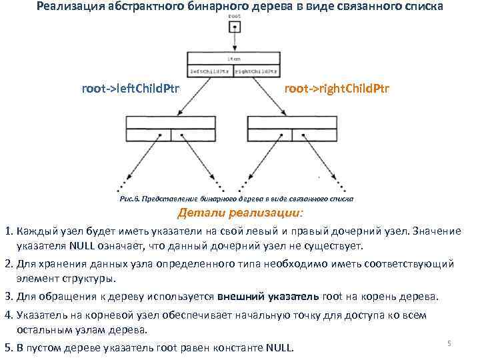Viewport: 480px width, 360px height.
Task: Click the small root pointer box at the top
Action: point(234,28)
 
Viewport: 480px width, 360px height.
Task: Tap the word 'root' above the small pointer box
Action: point(234,15)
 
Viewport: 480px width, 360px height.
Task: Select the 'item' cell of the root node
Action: point(233,59)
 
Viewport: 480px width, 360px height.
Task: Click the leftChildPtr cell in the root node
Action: point(210,70)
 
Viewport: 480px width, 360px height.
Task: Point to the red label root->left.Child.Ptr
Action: point(130,89)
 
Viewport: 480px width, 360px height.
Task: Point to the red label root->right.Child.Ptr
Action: point(337,89)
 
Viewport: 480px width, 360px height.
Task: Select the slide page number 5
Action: point(449,343)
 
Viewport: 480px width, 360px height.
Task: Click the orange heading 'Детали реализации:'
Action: point(239,213)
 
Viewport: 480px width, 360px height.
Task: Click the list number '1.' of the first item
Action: point(8,231)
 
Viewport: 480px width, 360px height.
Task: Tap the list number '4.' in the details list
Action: point(8,315)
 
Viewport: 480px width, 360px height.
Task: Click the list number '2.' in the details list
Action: point(8,264)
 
